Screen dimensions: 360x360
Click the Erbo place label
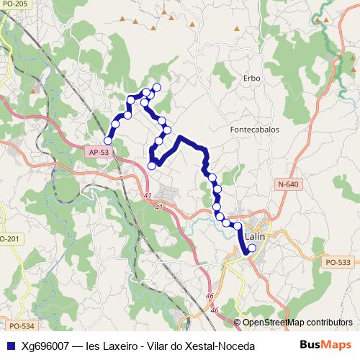(251, 78)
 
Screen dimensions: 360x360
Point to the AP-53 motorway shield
(99, 153)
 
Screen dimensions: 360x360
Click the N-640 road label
(287, 185)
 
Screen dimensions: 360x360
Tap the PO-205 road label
(14, 4)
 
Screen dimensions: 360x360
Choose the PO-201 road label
(9, 239)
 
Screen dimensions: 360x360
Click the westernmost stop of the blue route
(108, 140)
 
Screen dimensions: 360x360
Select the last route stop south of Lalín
(251, 249)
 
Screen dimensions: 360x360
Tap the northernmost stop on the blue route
(157, 88)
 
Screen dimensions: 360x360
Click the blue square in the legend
(10, 346)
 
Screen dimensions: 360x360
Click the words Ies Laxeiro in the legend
(112, 346)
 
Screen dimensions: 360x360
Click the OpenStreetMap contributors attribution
(297, 323)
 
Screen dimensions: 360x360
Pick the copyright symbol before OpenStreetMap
(237, 323)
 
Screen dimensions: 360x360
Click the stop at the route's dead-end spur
(151, 166)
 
